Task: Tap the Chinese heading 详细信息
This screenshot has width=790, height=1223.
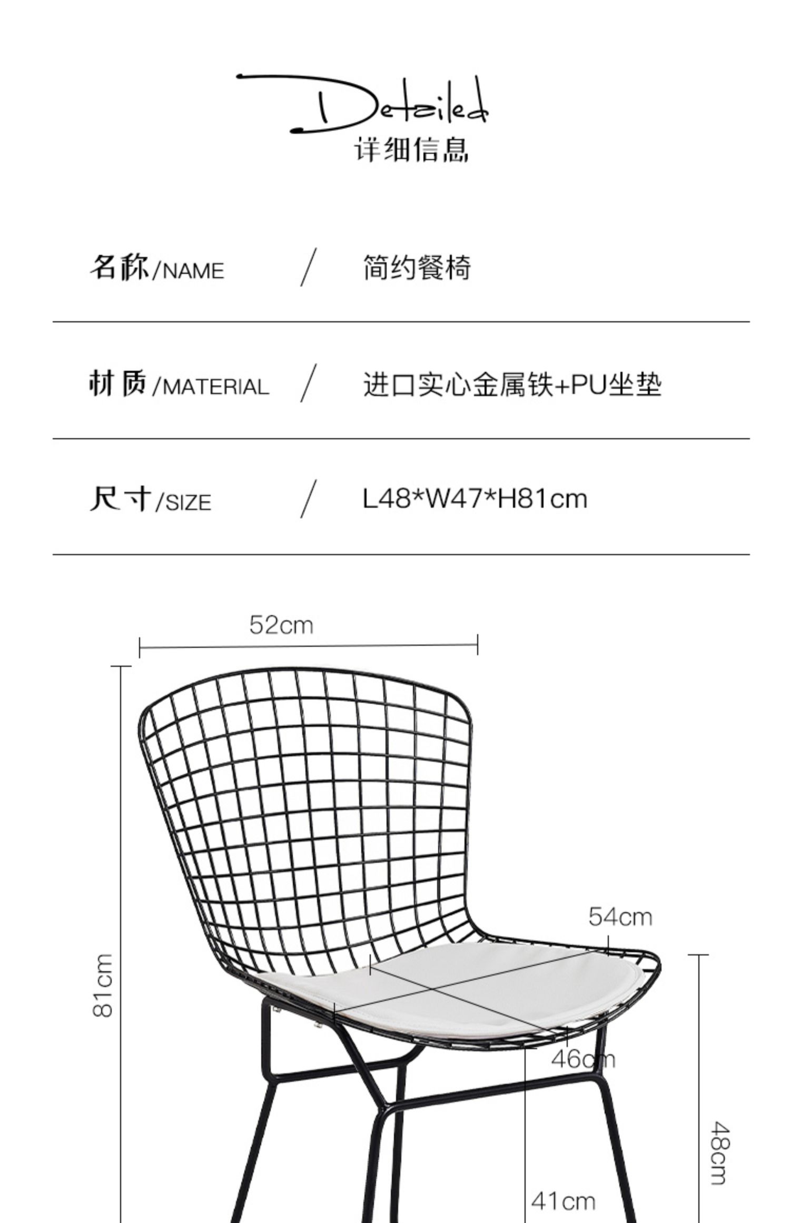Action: pos(411,150)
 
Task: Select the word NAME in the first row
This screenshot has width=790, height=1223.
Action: pos(193,271)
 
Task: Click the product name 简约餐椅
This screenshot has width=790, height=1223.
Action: pos(417,268)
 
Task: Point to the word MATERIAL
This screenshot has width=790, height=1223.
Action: pos(216,387)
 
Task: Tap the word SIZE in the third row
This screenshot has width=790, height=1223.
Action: pos(188,503)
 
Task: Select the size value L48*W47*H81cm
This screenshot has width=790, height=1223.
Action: pos(475,499)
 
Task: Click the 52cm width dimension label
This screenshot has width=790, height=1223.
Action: pos(281,626)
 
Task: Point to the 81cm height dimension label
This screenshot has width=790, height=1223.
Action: pos(103,985)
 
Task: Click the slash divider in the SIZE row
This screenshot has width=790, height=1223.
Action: pos(309,499)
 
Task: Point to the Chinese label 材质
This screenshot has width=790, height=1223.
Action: pos(117,383)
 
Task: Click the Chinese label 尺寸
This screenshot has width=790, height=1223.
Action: pos(121,498)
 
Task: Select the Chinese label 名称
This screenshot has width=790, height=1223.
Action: pos(119,267)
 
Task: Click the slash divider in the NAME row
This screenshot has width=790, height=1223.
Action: pos(309,267)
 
